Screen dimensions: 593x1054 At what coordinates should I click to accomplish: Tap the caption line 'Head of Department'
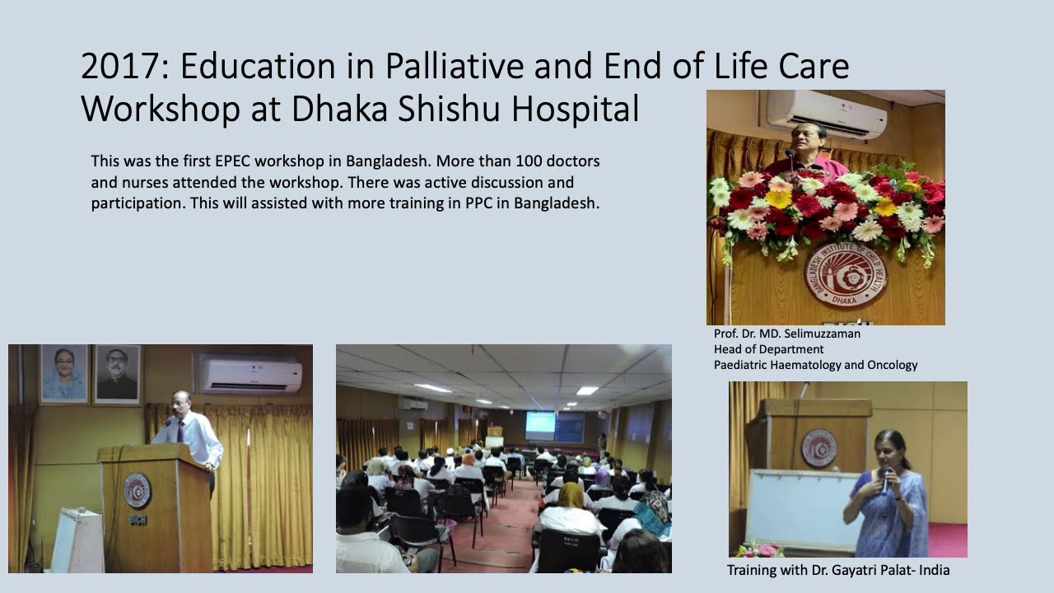[x=768, y=349]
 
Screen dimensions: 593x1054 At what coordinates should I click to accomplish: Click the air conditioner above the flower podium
[x=826, y=113]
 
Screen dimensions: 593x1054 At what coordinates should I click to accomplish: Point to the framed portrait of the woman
[x=63, y=374]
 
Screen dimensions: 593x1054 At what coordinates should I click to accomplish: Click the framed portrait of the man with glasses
[x=117, y=375]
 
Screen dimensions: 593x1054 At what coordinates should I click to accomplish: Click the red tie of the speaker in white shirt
[x=180, y=431]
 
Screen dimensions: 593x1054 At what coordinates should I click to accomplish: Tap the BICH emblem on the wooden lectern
[x=137, y=491]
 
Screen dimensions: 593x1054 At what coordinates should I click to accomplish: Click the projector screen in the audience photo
[x=540, y=425]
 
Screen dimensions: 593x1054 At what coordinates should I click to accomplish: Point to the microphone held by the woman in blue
[x=885, y=479]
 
